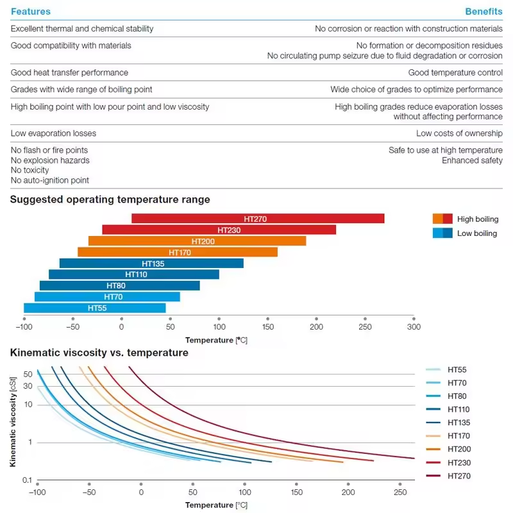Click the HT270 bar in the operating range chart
click(257, 219)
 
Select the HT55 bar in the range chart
click(95, 308)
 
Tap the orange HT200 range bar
click(197, 241)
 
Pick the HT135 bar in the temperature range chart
click(151, 264)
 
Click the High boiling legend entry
click(466, 219)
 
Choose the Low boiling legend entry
click(466, 233)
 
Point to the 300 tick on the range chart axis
click(414, 326)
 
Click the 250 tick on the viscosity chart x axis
click(399, 492)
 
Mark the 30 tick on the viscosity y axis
click(28, 385)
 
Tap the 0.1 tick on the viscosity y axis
click(28, 480)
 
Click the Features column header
click(31, 12)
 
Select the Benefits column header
click(484, 12)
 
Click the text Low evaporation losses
click(53, 133)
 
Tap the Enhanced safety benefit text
click(472, 160)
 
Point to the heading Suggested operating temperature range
click(110, 199)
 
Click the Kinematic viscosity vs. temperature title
click(99, 353)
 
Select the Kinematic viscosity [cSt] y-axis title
click(13, 421)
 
